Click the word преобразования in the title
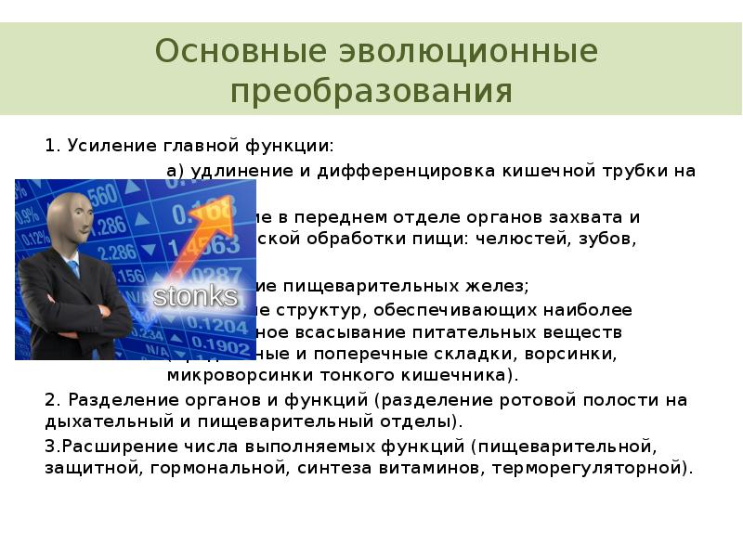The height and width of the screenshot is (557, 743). coord(371,91)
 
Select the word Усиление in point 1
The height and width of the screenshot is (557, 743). coord(102,147)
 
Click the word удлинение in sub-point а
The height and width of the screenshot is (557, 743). coord(231,171)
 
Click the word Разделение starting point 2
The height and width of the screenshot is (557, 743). coord(111,400)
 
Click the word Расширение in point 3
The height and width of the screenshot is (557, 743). coord(104,446)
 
